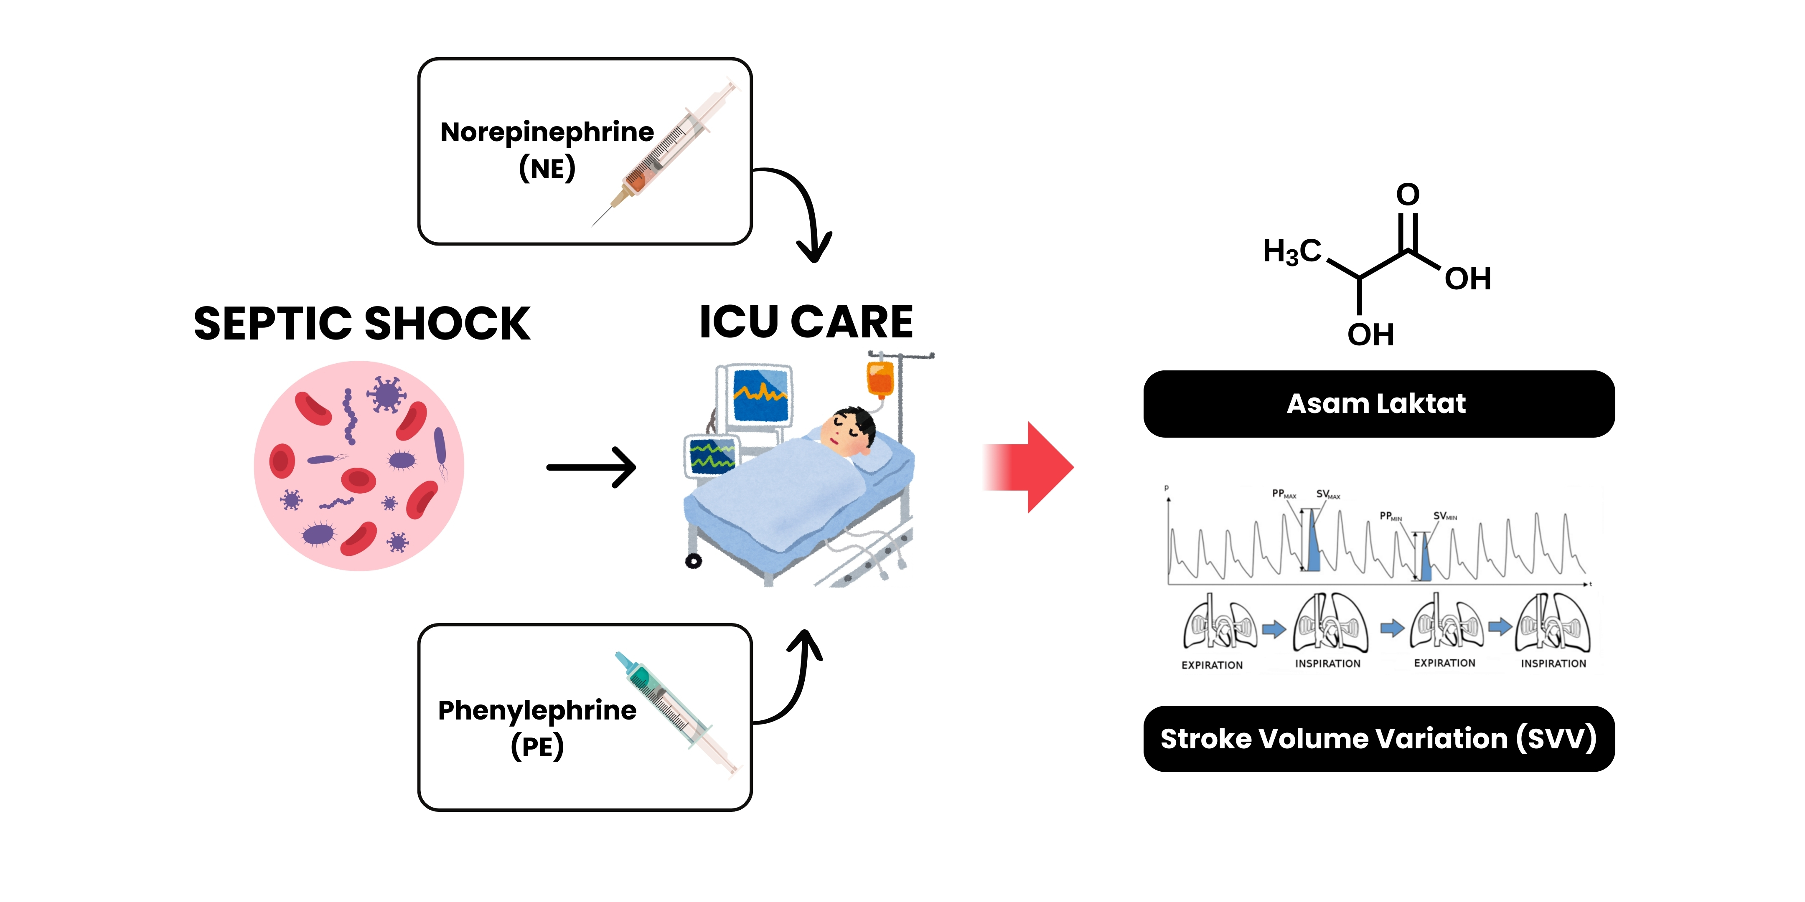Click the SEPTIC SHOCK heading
point(361,324)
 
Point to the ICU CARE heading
point(806,322)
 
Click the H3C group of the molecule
point(1291,251)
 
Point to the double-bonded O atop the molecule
point(1408,194)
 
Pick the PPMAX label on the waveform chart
point(1284,494)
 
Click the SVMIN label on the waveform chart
point(1445,516)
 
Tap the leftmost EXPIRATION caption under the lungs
point(1212,664)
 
